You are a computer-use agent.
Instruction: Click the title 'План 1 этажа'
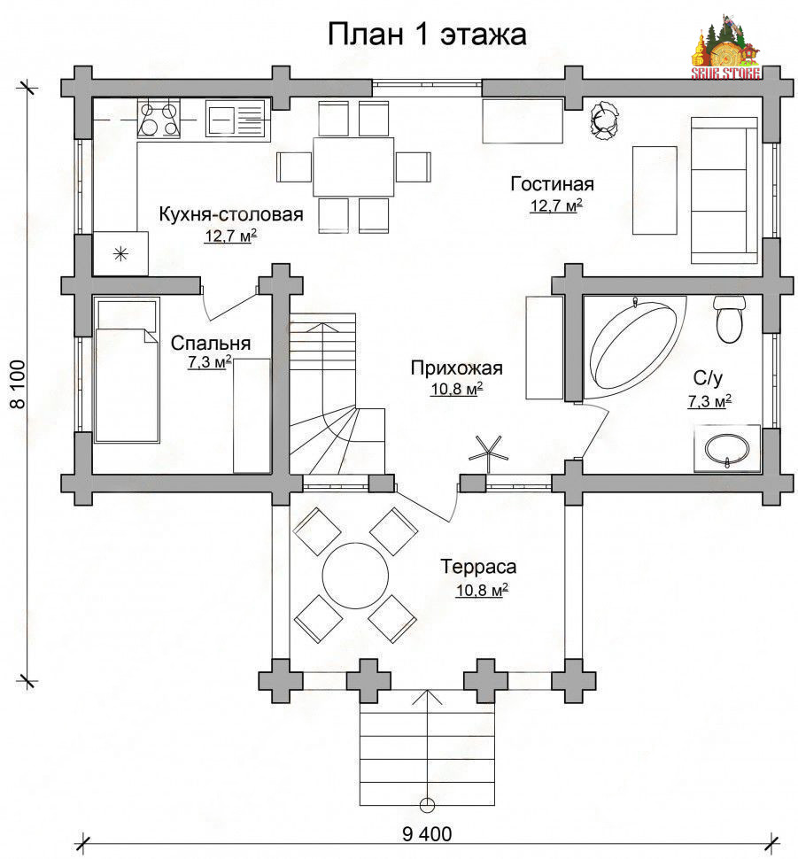pos(427,34)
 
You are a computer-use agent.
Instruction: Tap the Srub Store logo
pos(725,47)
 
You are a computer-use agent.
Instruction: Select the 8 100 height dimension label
pos(18,384)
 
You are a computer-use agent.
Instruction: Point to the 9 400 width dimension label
pos(427,834)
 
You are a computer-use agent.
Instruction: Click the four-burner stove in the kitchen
pos(159,118)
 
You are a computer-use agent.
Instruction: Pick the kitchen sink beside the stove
pos(237,118)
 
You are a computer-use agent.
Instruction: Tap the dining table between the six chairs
pos(353,166)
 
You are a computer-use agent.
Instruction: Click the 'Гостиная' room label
pos(552,184)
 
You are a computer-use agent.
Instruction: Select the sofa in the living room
pos(724,190)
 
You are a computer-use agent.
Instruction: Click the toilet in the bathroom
pos(730,320)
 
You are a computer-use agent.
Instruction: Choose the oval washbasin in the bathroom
pos(727,449)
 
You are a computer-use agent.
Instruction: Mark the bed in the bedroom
pos(127,370)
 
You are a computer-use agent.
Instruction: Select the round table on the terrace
pos(355,576)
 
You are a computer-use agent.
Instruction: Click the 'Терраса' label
pos(478,567)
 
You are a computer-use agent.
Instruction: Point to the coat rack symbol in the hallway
pos(488,453)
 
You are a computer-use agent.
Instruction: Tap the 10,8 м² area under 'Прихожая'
pos(456,390)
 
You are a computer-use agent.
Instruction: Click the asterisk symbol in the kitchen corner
pos(120,253)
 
